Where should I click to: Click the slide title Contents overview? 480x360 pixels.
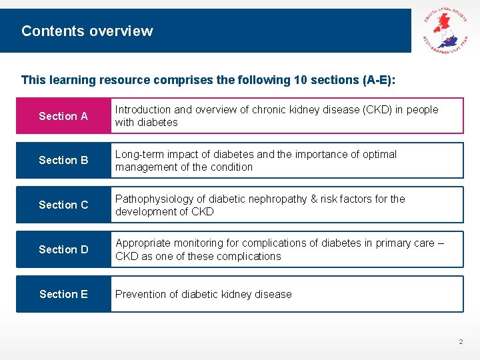(87, 31)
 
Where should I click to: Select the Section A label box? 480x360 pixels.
(63, 116)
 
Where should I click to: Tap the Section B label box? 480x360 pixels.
(63, 160)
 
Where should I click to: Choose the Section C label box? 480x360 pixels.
(63, 205)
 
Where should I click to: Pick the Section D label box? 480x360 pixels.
(63, 249)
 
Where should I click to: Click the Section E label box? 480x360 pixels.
(63, 294)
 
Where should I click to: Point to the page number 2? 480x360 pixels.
(460, 342)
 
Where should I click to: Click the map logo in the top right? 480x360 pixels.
(445, 31)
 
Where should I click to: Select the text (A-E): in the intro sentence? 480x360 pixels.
(379, 80)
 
